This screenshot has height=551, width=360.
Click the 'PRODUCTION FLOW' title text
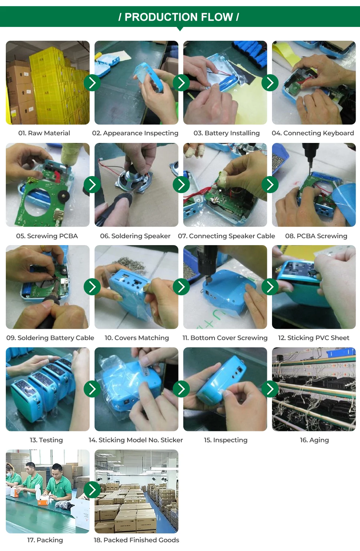click(179, 17)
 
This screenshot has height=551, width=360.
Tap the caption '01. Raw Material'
click(44, 133)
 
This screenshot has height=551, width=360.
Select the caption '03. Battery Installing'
click(227, 133)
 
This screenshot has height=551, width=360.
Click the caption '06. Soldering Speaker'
click(135, 236)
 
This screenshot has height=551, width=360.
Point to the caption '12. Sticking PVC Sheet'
click(313, 338)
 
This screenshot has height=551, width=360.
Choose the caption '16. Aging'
click(314, 440)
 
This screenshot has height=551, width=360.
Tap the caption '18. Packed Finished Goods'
click(136, 540)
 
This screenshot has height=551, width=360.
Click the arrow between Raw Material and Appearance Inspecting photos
click(92, 83)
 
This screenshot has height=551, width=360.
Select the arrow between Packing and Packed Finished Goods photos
click(92, 490)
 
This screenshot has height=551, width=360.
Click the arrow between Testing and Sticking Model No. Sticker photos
click(92, 389)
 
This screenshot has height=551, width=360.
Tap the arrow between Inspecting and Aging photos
click(270, 389)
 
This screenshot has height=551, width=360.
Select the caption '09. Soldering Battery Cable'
click(50, 338)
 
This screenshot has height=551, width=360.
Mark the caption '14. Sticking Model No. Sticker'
click(136, 440)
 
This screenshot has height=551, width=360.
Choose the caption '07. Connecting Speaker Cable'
click(227, 236)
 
